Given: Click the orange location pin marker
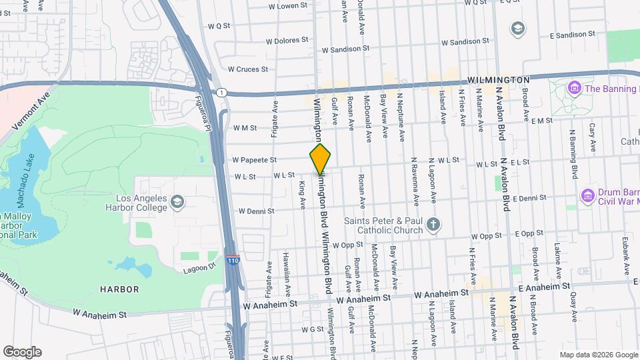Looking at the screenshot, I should pyautogui.click(x=320, y=159).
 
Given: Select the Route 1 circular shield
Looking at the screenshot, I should pyautogui.click(x=221, y=92).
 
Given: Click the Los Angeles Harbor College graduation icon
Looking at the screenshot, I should pyautogui.click(x=177, y=201).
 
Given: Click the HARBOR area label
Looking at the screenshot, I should pyautogui.click(x=119, y=289).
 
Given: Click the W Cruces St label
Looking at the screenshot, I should pyautogui.click(x=247, y=69).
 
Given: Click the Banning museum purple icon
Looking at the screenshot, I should pyautogui.click(x=573, y=88).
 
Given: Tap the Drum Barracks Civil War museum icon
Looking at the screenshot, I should pyautogui.click(x=587, y=195).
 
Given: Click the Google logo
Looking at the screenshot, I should pyautogui.click(x=22, y=352).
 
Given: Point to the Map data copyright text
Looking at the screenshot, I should pyautogui.click(x=598, y=355).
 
